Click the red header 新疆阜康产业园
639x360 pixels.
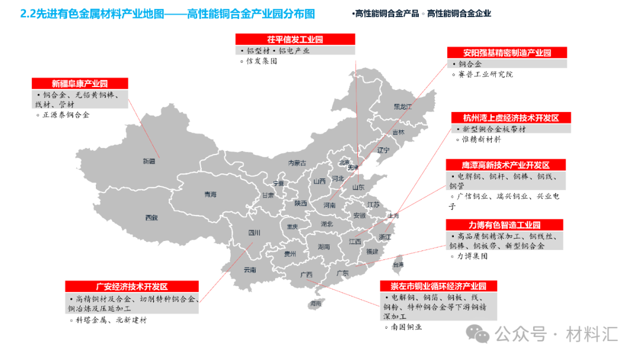pos(79,83)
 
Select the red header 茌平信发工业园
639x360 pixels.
pos(295,39)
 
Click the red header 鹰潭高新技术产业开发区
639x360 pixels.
pos(506,165)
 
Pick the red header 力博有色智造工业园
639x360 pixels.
pos(504,225)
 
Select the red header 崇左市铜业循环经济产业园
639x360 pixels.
pos(438,286)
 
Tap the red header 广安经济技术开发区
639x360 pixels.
pos(132,287)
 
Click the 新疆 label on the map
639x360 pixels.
pos(149,161)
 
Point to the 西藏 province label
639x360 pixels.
pos(151,218)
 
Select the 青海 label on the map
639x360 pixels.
pos(210,194)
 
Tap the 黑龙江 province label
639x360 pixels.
pos(402,107)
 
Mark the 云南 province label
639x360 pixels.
pos(250,270)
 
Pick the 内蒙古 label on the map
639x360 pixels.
pos(297,163)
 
